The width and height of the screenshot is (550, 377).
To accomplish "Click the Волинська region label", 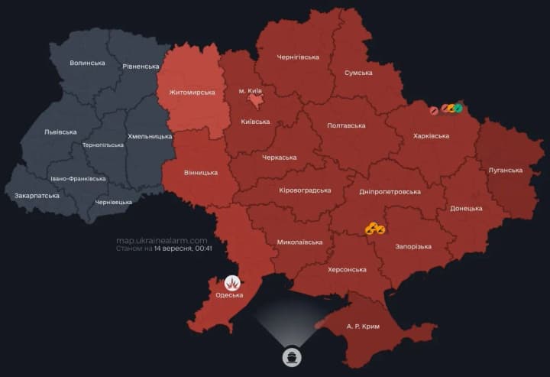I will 87,63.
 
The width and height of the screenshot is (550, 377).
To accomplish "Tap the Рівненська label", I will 140,67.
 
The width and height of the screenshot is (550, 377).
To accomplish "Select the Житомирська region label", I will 186,93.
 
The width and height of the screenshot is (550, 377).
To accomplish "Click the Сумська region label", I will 358,73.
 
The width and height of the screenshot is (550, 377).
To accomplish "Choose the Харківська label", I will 431,135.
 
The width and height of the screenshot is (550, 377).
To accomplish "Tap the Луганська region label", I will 505,170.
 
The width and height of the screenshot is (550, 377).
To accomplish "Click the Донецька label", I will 466,208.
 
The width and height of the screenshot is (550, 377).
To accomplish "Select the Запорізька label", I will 413,246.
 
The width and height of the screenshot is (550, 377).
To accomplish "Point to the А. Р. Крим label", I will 363,326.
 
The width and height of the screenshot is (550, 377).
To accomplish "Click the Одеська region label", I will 229,295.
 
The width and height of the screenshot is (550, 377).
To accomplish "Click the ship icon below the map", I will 292,357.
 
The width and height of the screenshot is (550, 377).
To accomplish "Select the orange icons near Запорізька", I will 374,228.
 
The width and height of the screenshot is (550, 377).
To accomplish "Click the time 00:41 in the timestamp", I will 203,249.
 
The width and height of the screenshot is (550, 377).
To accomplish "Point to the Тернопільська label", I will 102,145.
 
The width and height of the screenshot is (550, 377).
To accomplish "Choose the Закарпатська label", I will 37,196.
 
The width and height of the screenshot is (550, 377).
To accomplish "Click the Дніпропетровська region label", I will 390,191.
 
